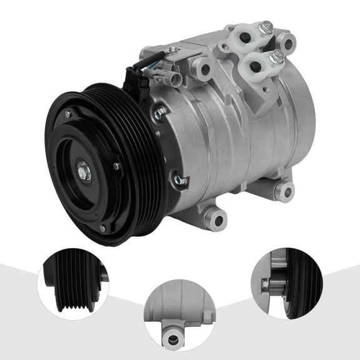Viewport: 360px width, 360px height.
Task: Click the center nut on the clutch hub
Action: click(x=83, y=171)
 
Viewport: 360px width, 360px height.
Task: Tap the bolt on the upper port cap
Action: click(x=266, y=27)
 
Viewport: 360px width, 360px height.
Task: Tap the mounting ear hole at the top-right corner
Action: click(x=286, y=42)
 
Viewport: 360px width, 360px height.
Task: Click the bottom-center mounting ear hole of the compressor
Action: click(x=217, y=219)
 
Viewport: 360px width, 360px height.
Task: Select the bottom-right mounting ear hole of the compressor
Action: click(x=284, y=190)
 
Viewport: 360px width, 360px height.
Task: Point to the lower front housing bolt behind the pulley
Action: click(x=180, y=180)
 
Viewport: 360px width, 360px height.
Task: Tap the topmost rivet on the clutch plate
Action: click(x=67, y=115)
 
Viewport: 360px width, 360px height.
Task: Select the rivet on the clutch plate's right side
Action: click(x=116, y=166)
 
